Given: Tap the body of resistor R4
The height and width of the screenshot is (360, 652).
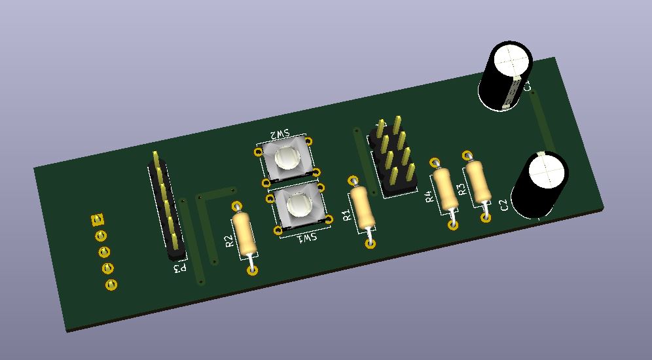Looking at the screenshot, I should tap(444, 189).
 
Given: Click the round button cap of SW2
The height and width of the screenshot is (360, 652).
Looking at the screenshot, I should tap(287, 158).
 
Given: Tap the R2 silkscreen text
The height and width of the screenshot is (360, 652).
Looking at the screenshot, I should tap(230, 241).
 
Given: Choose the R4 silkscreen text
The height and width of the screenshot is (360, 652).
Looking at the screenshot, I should tap(428, 196).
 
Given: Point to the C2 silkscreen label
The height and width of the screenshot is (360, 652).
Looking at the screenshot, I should tap(503, 206).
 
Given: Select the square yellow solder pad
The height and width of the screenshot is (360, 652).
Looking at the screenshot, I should tap(98, 219).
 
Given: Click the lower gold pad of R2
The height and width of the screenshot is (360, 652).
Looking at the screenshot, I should tap(253, 270).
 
